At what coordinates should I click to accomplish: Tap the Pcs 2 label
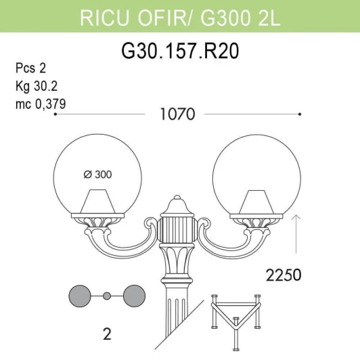click(x=30, y=70)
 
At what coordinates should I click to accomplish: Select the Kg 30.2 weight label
click(x=36, y=87)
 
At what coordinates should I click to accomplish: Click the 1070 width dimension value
click(x=177, y=114)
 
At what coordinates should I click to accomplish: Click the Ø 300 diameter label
click(x=98, y=175)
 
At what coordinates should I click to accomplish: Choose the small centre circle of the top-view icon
click(x=107, y=296)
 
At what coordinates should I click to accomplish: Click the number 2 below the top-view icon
click(x=106, y=334)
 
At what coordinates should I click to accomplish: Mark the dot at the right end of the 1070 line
click(x=299, y=115)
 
